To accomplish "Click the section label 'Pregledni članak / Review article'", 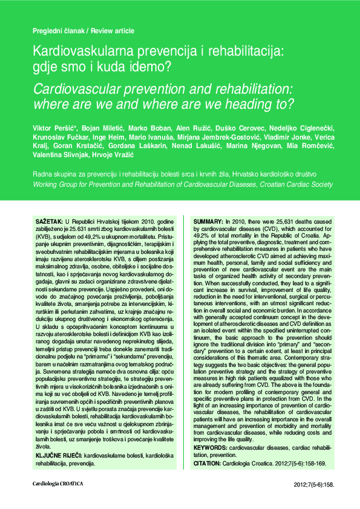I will (83, 31).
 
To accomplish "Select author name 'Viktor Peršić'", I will (53, 129).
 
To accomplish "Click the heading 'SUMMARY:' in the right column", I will (208, 222).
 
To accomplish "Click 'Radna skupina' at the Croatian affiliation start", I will (53, 173).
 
